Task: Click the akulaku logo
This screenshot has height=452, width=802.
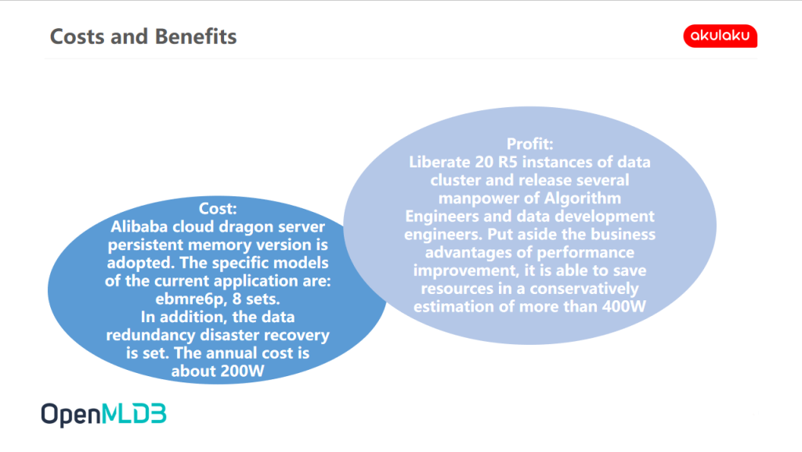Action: click(721, 36)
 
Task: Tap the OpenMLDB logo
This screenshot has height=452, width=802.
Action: click(104, 414)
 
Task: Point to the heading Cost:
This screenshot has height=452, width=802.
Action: click(218, 208)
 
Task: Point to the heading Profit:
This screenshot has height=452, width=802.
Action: click(530, 144)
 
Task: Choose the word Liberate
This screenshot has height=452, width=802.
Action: click(439, 162)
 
